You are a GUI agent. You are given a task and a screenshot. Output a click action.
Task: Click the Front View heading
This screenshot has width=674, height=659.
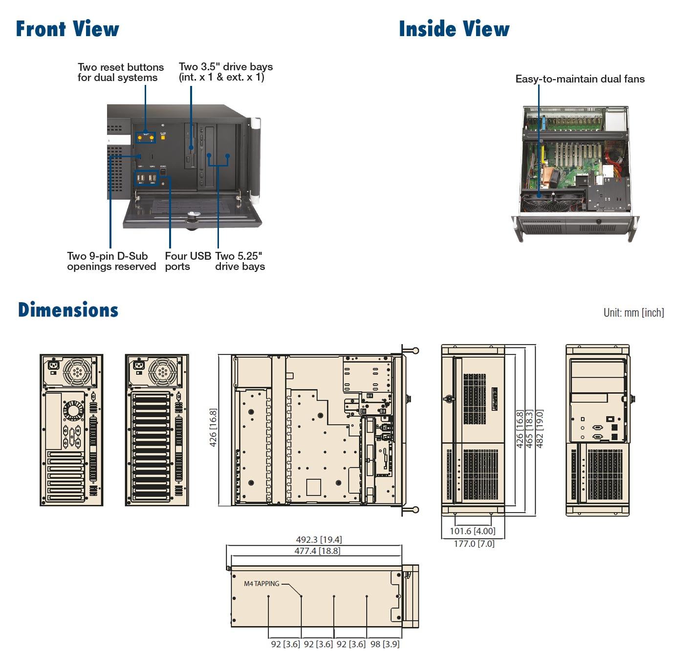click(67, 29)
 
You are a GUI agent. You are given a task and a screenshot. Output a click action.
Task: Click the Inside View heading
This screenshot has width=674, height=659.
click(454, 29)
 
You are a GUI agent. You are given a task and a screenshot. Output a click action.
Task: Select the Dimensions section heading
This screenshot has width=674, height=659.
click(68, 310)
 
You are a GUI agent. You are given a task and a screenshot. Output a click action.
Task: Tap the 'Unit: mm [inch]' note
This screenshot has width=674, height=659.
click(633, 312)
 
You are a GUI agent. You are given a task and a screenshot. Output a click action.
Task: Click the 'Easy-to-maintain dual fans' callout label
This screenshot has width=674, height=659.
click(580, 79)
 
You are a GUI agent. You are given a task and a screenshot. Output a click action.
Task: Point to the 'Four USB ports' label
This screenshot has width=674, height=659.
click(188, 261)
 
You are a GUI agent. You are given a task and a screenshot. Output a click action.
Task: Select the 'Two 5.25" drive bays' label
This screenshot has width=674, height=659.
click(239, 261)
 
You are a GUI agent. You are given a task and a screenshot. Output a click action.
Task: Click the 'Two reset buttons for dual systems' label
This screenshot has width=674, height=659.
click(120, 72)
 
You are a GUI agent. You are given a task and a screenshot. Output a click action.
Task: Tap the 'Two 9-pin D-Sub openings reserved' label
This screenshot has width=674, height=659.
click(111, 261)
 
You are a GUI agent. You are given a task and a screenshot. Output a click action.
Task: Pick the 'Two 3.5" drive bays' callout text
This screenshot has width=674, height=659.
click(225, 72)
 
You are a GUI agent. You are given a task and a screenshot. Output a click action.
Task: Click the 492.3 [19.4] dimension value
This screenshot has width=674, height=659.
click(319, 539)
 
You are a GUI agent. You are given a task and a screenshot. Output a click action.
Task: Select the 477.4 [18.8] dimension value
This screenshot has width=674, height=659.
click(317, 551)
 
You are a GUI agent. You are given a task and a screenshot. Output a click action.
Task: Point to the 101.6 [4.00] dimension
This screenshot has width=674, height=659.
click(472, 531)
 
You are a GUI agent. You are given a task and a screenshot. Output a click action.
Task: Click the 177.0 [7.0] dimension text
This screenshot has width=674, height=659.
click(474, 543)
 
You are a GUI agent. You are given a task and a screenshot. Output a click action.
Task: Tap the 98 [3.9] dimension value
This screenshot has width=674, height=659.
click(385, 644)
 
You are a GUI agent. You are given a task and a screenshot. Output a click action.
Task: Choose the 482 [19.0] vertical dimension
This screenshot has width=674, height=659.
click(539, 429)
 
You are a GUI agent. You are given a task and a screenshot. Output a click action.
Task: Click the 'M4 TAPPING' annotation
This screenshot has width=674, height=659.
click(261, 583)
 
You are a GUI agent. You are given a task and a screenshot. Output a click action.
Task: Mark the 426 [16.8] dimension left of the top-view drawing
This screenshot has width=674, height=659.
click(213, 428)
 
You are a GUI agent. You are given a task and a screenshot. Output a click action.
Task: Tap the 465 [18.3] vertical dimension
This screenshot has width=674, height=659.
click(529, 429)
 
